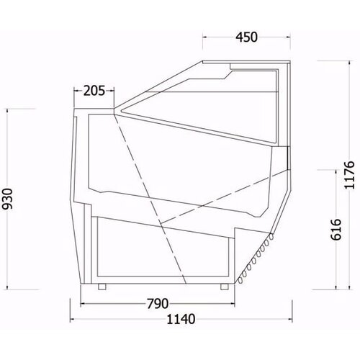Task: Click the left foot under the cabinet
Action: [102, 287]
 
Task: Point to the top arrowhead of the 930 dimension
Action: [9, 110]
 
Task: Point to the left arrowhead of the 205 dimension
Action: [75, 91]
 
